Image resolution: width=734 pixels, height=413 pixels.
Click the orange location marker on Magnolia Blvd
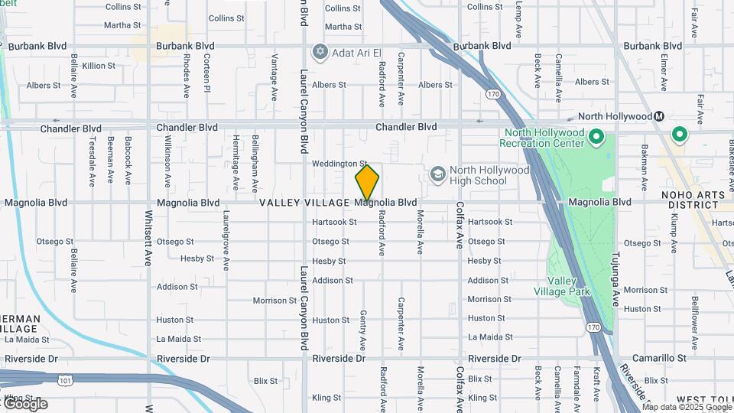coord(367,183)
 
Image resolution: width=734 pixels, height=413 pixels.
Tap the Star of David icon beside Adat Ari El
coord(320,52)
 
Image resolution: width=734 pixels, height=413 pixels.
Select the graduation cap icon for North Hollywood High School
coord(438,175)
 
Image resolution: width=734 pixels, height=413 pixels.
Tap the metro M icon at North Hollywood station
coord(658,116)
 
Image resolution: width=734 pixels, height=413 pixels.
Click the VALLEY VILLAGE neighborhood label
coord(304,203)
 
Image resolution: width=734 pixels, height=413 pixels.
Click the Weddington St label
coord(340,164)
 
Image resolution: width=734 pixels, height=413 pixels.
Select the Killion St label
coord(99,66)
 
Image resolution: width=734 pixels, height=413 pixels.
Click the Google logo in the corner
coord(24,404)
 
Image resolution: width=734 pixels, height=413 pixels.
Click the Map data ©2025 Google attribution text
coord(687,408)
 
